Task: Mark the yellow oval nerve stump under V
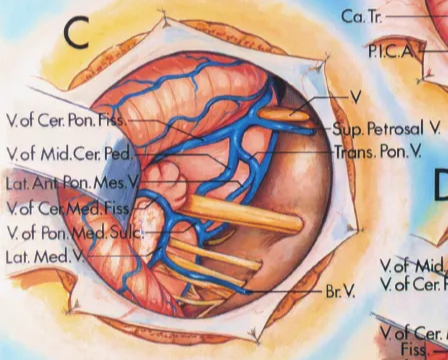[x=291, y=116]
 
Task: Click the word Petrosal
[x=398, y=130]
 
